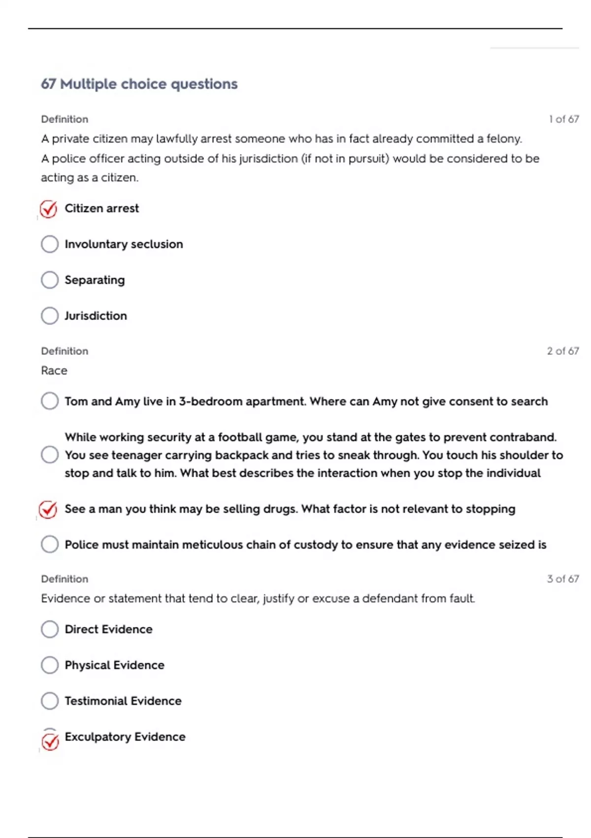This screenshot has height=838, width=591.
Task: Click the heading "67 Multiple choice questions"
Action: click(x=139, y=84)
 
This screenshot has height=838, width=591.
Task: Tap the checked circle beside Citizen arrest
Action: click(x=49, y=209)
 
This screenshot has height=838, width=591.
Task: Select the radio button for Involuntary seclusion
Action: click(x=50, y=244)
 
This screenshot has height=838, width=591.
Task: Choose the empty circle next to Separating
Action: click(x=50, y=280)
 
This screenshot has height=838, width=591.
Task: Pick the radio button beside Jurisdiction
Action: click(x=50, y=315)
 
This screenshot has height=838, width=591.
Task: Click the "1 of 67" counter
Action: click(x=563, y=119)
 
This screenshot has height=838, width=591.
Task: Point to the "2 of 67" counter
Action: click(x=562, y=351)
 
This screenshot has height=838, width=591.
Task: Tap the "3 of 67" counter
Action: click(x=562, y=579)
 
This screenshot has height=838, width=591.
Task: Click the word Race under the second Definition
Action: click(x=54, y=371)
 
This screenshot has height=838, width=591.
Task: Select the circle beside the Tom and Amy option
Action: click(x=50, y=401)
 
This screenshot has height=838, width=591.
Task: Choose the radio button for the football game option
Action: click(x=50, y=454)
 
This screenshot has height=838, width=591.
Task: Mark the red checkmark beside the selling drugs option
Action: click(x=48, y=509)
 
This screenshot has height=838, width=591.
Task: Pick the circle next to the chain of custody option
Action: click(x=50, y=545)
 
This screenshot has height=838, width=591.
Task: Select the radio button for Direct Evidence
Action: click(x=50, y=629)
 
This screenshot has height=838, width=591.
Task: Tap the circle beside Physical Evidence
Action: click(x=50, y=665)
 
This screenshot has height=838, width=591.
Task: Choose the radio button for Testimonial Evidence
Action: click(x=50, y=700)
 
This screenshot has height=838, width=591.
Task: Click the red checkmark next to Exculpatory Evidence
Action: click(x=50, y=741)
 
